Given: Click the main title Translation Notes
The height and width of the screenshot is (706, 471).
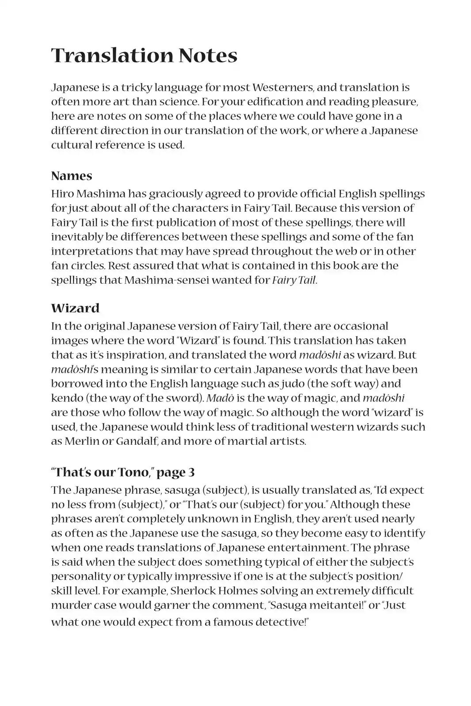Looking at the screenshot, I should pos(144,56).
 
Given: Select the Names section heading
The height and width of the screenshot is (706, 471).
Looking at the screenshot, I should pos(72,176).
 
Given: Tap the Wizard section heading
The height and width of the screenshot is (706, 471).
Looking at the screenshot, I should pos(75,308).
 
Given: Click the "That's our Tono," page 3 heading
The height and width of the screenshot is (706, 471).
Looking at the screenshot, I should pos(123,472).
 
